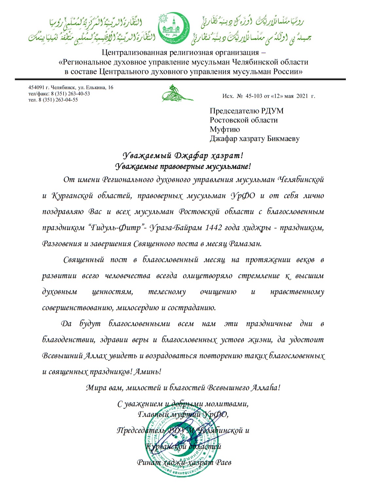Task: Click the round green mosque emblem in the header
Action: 174,29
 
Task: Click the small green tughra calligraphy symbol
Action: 177,94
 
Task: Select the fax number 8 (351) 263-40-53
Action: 70,94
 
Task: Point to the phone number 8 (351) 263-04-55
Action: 58,100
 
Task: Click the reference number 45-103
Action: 254,96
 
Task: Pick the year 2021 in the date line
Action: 302,96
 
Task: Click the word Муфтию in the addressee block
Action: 225,129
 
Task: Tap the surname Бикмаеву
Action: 281,139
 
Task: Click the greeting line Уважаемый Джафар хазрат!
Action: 183,155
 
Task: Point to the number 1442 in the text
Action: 213,228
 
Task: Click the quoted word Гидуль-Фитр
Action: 116,228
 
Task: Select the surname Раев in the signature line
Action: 223,463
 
